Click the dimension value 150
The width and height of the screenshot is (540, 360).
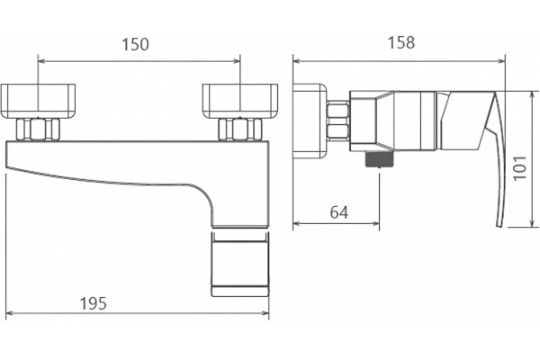tap(136, 44)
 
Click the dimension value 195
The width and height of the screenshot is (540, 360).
tap(94, 303)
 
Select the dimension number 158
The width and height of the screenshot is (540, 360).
tap(401, 42)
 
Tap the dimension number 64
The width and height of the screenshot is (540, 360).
tap(339, 212)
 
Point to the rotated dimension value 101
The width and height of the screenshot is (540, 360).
tap(520, 167)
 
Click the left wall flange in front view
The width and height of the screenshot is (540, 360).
tap(38, 102)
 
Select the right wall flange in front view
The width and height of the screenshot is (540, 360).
tap(240, 102)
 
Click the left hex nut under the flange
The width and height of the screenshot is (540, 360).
tap(38, 130)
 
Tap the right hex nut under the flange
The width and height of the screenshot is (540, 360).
tap(240, 130)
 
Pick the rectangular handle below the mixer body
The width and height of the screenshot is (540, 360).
tap(240, 265)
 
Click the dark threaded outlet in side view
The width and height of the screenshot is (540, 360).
tap(379, 159)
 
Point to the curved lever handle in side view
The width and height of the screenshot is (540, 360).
tap(497, 158)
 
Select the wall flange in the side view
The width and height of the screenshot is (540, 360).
tap(310, 121)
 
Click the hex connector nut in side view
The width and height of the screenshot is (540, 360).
tap(337, 121)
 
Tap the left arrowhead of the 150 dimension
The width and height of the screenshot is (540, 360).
tap(41, 61)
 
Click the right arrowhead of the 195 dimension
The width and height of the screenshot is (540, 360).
tap(265, 313)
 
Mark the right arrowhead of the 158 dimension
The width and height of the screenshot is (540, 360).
tap(501, 61)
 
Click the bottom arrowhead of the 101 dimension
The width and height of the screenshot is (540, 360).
tap(534, 223)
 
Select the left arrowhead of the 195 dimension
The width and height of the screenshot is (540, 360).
tap(10, 313)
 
